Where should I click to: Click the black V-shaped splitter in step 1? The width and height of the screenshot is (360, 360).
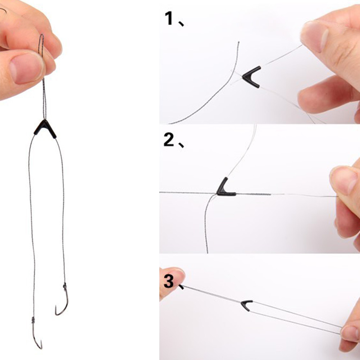[x=252, y=77]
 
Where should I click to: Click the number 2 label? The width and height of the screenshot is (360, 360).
[x=169, y=140]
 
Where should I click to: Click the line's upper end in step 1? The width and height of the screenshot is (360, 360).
[x=238, y=43]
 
